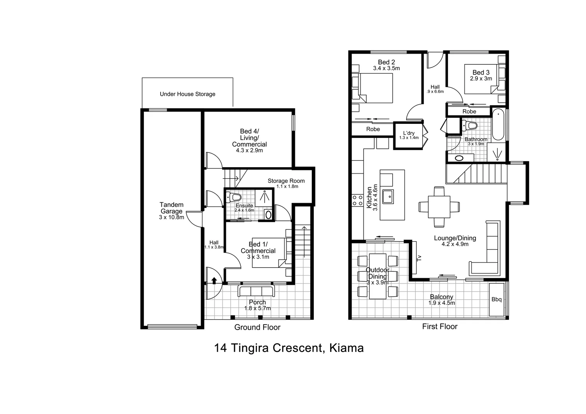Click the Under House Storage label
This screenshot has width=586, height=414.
pos(187,94)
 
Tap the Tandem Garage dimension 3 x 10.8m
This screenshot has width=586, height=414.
pos(171,217)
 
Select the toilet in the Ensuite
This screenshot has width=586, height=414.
pos(233,197)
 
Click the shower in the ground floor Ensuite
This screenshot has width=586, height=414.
pos(264,197)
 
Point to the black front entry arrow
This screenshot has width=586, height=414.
pos(214,281)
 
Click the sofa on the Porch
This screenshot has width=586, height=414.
pos(256,291)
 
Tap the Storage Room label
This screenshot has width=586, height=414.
pos(286,181)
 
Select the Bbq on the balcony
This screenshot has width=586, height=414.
pos(496,299)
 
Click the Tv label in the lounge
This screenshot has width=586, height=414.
pos(419,258)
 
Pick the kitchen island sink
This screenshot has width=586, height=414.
pos(388,196)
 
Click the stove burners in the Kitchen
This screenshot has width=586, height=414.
pos(357,200)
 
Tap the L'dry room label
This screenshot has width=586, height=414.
pos(409,133)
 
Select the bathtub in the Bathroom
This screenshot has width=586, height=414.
pos(498,125)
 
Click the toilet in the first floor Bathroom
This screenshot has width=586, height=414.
pos(470,126)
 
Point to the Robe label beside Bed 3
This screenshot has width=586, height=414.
pos(469,112)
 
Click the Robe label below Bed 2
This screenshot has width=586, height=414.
pos(373,129)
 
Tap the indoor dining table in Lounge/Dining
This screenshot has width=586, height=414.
pos(439,207)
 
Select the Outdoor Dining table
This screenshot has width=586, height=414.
pos(377,276)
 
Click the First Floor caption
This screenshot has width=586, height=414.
pos(439,326)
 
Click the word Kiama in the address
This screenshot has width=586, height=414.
pos(346,348)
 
